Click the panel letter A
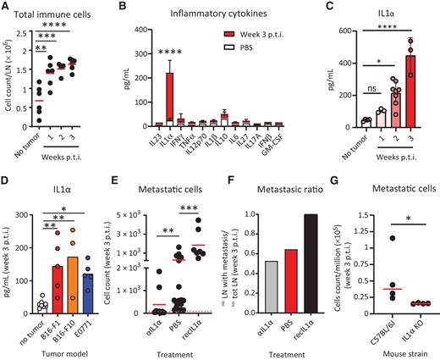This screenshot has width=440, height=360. (6, 7)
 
